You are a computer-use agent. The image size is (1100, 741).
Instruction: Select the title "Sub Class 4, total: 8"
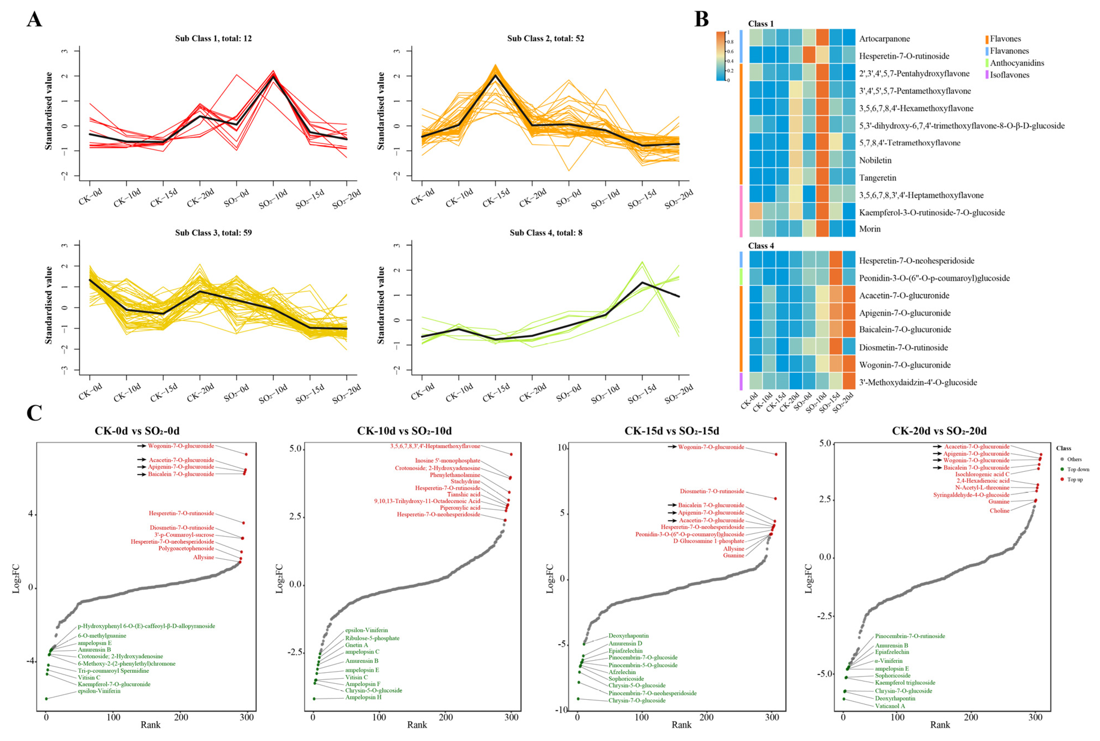click(x=546, y=233)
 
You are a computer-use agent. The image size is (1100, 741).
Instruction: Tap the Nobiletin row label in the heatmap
click(x=875, y=160)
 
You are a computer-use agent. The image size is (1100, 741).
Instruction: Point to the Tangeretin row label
click(x=878, y=178)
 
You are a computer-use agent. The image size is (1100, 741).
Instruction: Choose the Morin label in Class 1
click(x=870, y=229)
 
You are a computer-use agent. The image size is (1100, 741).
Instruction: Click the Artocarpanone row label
click(x=884, y=39)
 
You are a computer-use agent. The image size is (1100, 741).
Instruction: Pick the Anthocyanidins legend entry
click(x=1017, y=63)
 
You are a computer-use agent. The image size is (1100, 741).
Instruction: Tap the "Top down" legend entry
click(x=1078, y=469)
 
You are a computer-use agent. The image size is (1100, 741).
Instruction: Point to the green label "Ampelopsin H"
click(x=363, y=697)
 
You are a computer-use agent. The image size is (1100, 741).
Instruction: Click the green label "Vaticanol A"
click(x=890, y=706)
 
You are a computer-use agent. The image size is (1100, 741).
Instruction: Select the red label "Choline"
click(x=999, y=510)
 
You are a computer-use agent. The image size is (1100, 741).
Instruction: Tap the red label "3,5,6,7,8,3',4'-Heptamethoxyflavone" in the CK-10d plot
click(x=435, y=446)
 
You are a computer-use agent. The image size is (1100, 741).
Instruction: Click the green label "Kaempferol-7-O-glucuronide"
click(x=114, y=684)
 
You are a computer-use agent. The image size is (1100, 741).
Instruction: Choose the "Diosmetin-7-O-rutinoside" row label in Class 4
click(x=903, y=347)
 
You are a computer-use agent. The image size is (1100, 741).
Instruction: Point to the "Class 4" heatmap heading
click(x=761, y=246)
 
